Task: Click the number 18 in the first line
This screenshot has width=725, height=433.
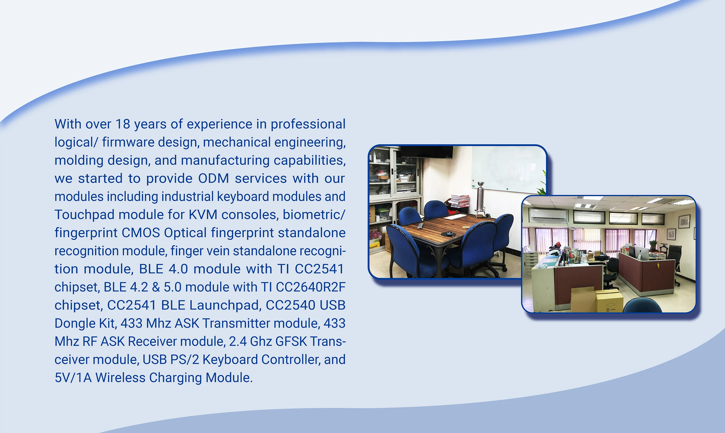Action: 123,124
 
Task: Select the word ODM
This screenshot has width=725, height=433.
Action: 213,178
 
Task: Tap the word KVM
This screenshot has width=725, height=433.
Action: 203,214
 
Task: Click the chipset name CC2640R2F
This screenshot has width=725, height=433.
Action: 311,287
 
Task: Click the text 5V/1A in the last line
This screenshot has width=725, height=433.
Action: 73,378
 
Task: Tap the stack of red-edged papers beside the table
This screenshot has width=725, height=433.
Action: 460,201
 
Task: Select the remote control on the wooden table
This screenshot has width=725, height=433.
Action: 420,225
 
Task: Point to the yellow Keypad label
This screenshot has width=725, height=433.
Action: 373,247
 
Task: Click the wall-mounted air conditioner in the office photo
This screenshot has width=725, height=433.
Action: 548,215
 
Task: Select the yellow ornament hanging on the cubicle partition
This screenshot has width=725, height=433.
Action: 658,265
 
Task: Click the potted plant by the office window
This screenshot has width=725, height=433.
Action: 652,245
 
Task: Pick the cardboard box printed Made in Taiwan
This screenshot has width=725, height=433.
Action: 609,301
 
